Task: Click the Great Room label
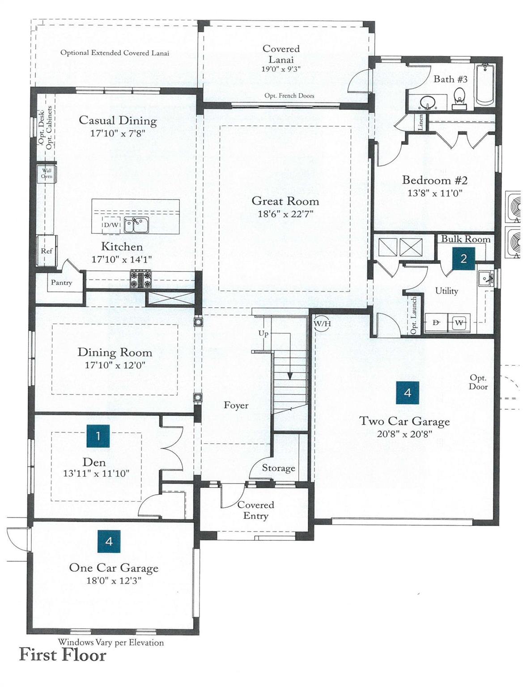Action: point(285,201)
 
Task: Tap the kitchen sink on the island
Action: point(136,225)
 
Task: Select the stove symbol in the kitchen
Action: point(140,279)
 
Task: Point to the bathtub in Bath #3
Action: point(484,85)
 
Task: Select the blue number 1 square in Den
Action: point(98,436)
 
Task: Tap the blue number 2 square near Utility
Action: point(463,259)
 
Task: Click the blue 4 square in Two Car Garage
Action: point(408,393)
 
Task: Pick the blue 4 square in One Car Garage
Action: point(109,541)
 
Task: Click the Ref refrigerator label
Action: point(47,251)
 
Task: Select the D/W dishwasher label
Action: point(110,225)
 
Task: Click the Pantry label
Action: point(62,282)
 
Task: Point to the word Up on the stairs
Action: point(263,334)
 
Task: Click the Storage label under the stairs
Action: point(278,468)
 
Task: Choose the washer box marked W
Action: point(459,323)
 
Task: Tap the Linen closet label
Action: point(421,123)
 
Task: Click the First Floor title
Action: point(63,655)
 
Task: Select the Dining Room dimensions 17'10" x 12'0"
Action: point(115,365)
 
